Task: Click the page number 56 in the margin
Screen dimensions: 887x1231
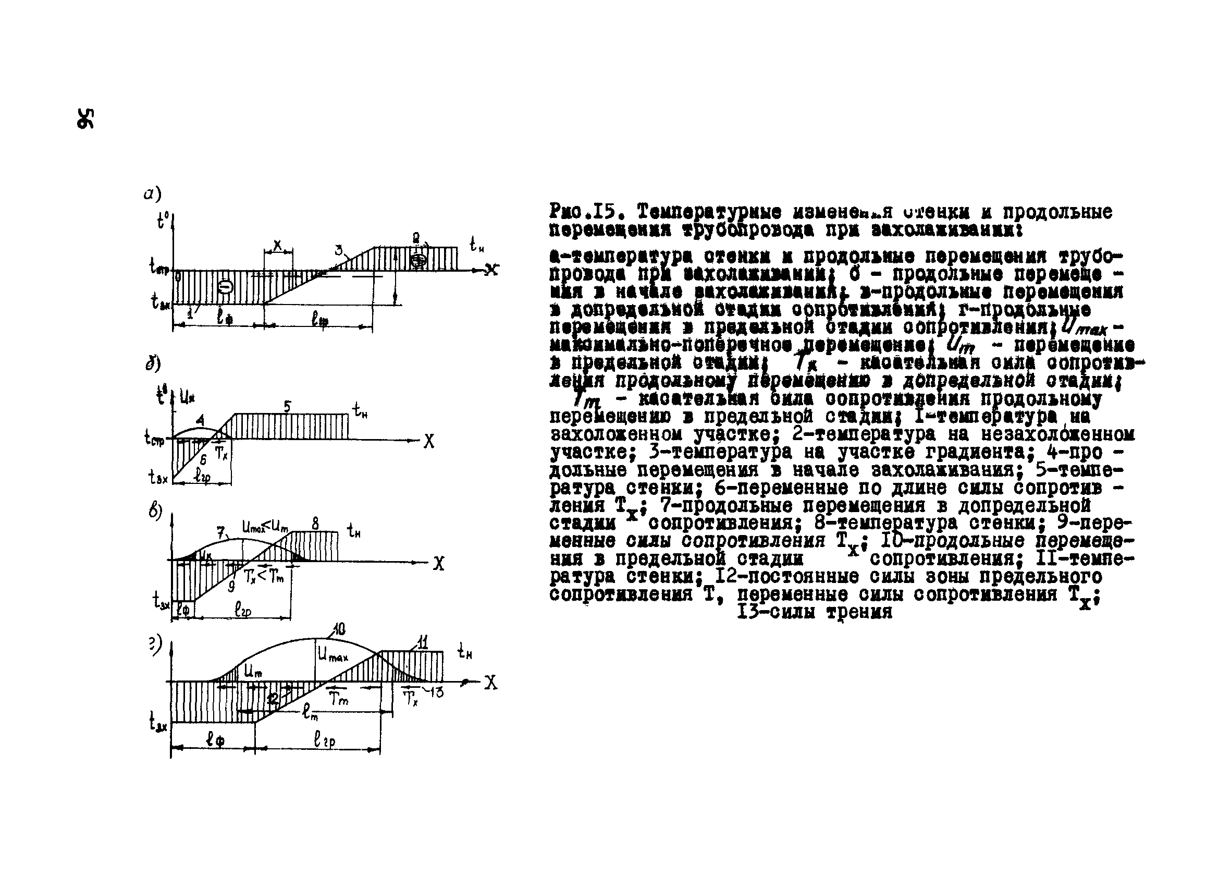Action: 85,118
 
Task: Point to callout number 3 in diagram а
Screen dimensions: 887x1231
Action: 339,250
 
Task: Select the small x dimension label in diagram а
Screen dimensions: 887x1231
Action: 278,245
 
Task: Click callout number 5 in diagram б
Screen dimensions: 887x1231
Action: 288,406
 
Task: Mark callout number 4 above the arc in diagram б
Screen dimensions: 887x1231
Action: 200,420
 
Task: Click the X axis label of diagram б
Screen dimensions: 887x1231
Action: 429,442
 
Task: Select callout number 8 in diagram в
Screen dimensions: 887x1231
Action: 315,524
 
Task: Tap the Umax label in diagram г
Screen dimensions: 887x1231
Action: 333,656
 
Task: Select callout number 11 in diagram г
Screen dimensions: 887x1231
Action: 423,643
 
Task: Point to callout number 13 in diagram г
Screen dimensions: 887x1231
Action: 436,692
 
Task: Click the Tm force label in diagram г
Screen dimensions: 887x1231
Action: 339,700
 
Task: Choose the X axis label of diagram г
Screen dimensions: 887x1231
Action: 490,683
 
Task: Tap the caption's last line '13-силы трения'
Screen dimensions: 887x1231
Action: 814,612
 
